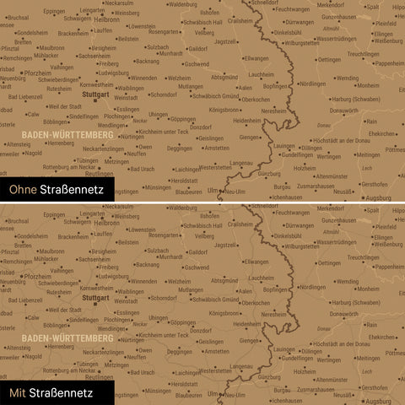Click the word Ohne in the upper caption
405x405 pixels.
point(23,191)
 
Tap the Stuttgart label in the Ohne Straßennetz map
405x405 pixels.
point(97,95)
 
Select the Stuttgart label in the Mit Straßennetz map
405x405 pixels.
point(97,298)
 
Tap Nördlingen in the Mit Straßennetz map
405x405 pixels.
point(312,287)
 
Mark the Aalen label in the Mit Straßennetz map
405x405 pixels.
point(246,289)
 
